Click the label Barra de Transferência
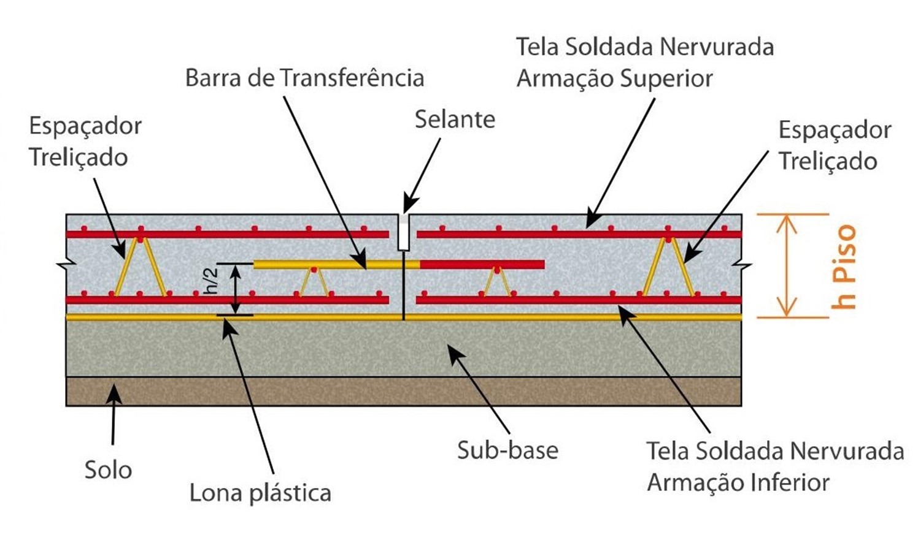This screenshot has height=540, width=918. [304, 78]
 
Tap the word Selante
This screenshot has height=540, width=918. [455, 120]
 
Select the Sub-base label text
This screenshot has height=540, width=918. [507, 451]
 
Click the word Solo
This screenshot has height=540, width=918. [108, 470]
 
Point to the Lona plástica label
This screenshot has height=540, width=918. [260, 493]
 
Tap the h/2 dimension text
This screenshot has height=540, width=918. [212, 281]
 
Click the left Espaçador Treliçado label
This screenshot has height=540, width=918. [85, 142]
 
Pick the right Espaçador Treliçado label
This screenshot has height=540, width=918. [834, 146]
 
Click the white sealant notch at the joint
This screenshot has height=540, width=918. [403, 232]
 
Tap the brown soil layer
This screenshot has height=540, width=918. [403, 392]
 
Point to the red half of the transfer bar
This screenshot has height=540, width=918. [482, 264]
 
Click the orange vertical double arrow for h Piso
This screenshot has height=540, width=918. [786, 266]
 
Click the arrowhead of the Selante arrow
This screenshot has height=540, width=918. [408, 207]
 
